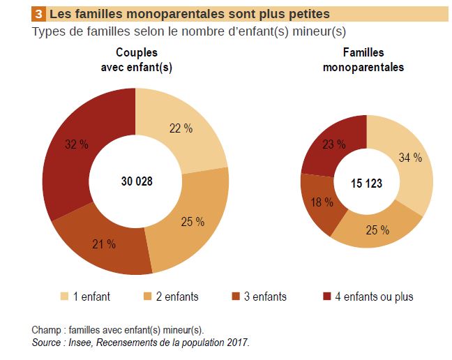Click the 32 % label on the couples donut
[x=77, y=144]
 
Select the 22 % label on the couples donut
[x=181, y=128]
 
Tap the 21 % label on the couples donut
[x=104, y=243]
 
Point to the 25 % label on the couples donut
[x=192, y=221]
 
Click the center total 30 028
[x=135, y=181]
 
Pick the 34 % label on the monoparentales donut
[x=410, y=158]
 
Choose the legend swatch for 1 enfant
[x=65, y=297]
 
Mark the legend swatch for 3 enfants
[x=236, y=297]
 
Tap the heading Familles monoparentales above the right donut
[x=363, y=60]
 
